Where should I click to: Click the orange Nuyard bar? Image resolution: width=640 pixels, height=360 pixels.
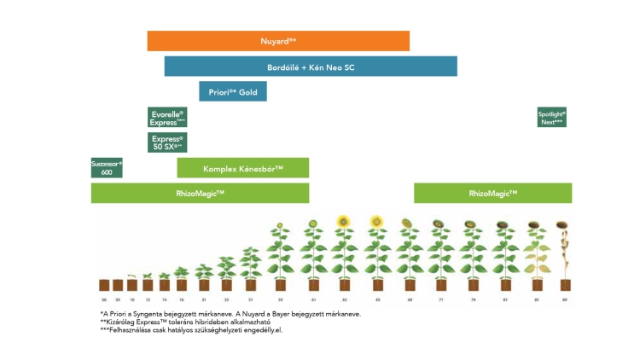[x=278, y=41]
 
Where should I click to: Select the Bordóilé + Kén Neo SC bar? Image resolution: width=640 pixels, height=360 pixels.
[x=311, y=67]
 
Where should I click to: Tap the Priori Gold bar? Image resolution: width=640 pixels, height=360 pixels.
[x=233, y=91]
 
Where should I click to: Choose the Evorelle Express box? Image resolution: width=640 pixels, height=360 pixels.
[x=167, y=118]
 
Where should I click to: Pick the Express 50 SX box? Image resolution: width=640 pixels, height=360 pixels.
[x=167, y=142]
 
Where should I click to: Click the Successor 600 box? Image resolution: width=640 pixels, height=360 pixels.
[x=107, y=167]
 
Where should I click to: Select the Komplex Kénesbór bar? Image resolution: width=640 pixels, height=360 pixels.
[x=243, y=168]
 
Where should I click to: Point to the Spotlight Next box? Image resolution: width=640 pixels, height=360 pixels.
[x=551, y=118]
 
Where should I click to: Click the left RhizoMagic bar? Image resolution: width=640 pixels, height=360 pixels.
[x=200, y=194]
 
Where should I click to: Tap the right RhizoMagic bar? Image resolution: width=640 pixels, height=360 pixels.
[x=492, y=194]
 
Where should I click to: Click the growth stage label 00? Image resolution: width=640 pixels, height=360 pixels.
[x=104, y=300]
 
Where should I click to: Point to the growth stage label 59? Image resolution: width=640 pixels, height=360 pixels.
[x=280, y=300]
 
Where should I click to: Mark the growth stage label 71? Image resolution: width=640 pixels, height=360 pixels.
[x=440, y=300]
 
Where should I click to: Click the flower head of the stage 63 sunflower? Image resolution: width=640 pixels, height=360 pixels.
[x=344, y=222]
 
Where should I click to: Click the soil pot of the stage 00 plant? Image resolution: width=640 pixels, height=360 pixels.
[x=104, y=285]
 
